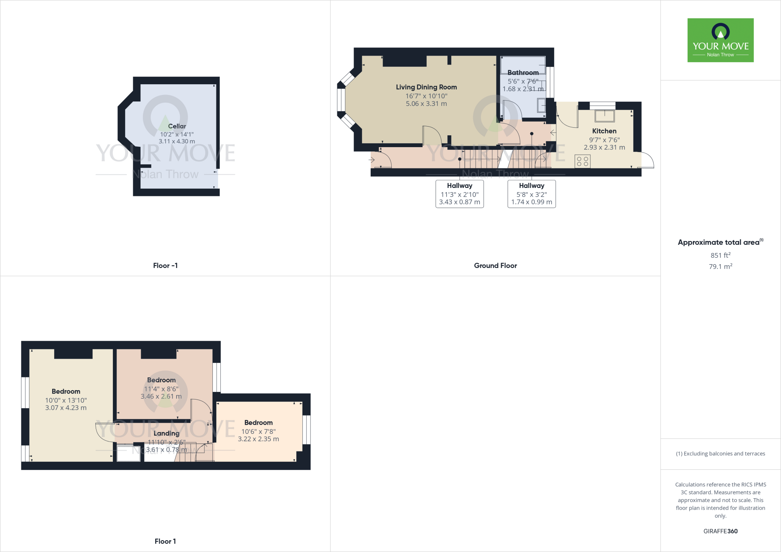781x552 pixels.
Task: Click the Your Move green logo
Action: point(720,40)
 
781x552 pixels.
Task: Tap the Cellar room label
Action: point(177,126)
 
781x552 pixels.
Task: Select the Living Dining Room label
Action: point(426,87)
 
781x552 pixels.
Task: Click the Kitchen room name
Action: point(604,131)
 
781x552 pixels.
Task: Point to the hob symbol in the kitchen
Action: point(582,161)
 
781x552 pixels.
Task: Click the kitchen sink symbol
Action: point(604,116)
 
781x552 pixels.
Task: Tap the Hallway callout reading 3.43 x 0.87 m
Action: point(460,194)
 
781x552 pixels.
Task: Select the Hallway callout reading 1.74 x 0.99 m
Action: point(532,194)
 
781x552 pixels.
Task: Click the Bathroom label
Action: point(523,72)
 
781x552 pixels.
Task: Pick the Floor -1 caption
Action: point(165,266)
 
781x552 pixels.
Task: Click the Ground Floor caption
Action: point(495,266)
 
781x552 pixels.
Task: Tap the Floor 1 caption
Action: point(165,541)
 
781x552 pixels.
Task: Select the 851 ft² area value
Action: point(720,255)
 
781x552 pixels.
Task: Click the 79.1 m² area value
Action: point(720,266)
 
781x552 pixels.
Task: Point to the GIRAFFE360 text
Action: point(720,531)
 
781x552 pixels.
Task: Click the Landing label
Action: point(166,433)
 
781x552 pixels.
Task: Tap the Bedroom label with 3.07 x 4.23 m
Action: point(66,392)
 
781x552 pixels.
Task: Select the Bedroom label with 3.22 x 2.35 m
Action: point(259,423)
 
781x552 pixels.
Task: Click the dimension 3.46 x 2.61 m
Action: point(161,396)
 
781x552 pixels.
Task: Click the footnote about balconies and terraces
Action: point(720,454)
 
